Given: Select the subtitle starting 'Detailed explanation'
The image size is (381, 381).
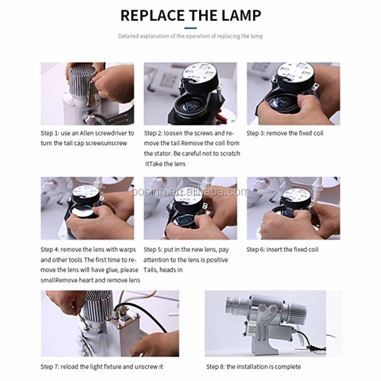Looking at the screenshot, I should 190,36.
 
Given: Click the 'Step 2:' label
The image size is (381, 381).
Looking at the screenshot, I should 154,133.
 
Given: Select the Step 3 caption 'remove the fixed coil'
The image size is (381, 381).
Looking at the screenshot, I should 295,133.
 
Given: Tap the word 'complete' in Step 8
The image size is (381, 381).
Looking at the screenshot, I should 287,367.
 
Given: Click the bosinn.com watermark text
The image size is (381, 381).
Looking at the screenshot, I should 190,192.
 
